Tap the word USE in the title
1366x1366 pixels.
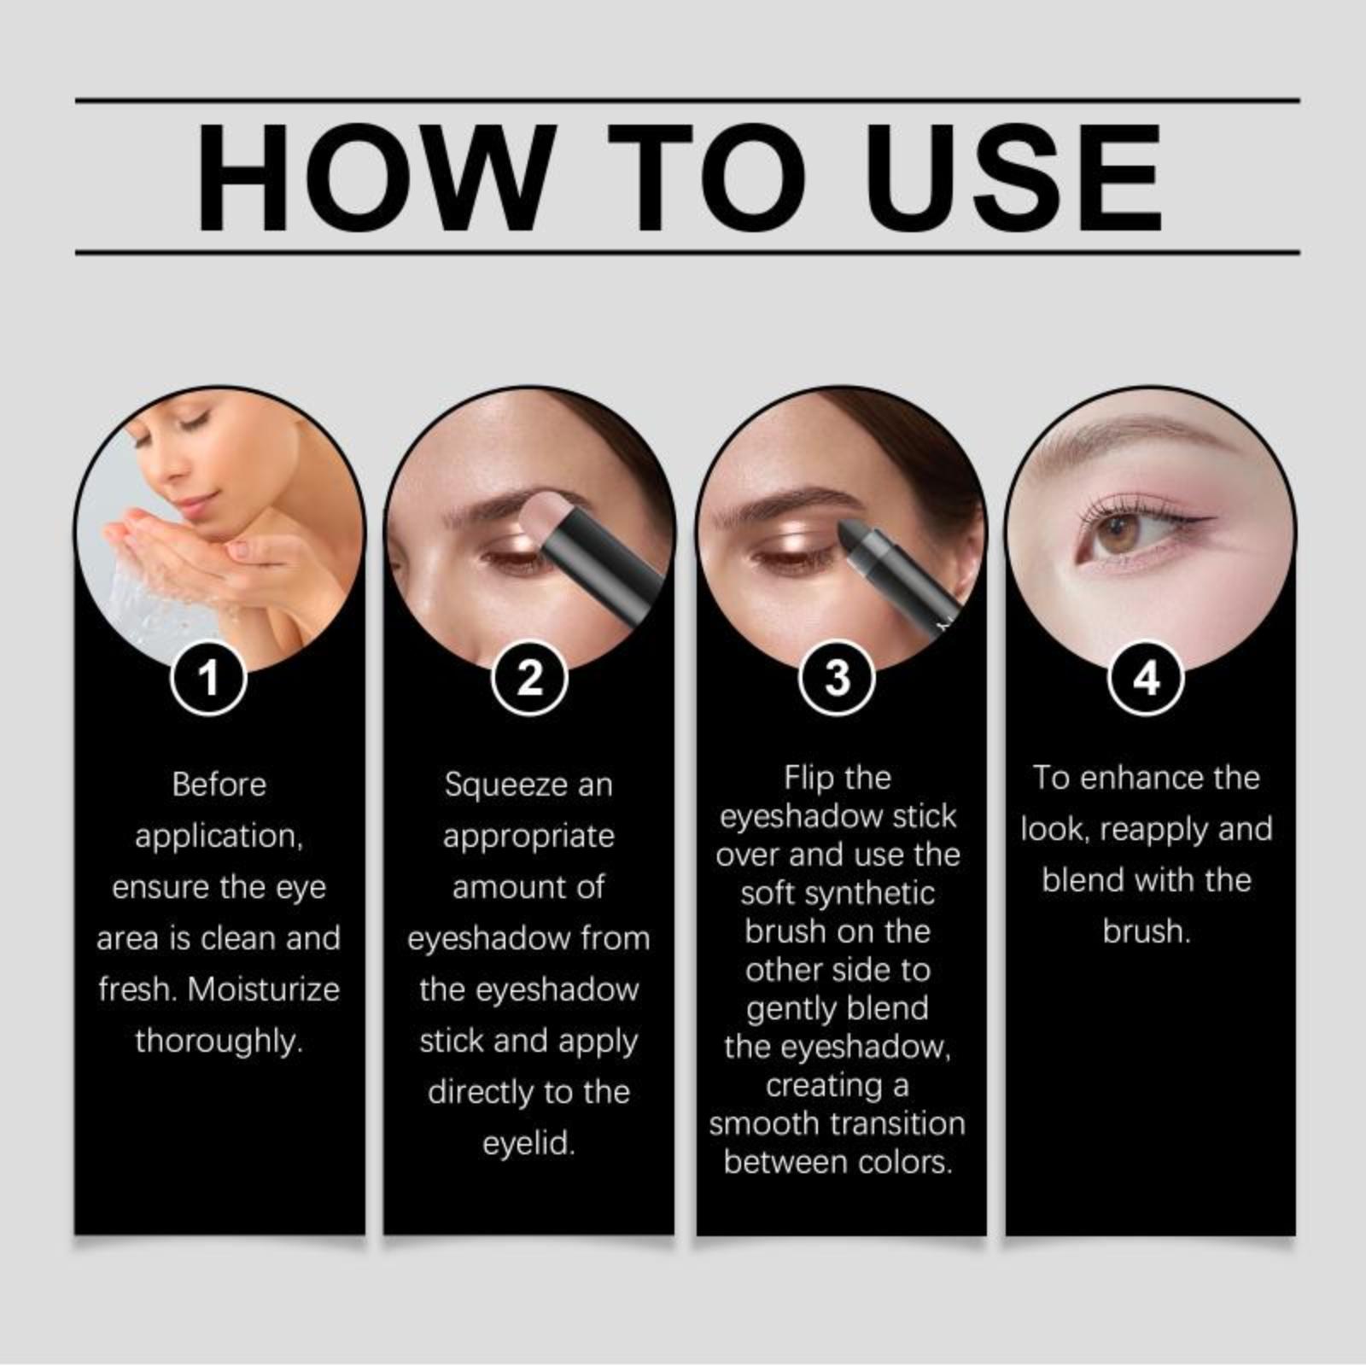(1014, 178)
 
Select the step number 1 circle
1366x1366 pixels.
(209, 679)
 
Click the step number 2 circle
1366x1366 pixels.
(530, 679)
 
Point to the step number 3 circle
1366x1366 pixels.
(838, 679)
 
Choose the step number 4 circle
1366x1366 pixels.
(1146, 679)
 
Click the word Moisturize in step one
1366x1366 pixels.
(264, 989)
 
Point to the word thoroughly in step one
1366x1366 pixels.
(219, 1042)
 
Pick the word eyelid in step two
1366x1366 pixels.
(528, 1144)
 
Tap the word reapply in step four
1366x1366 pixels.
(1154, 830)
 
